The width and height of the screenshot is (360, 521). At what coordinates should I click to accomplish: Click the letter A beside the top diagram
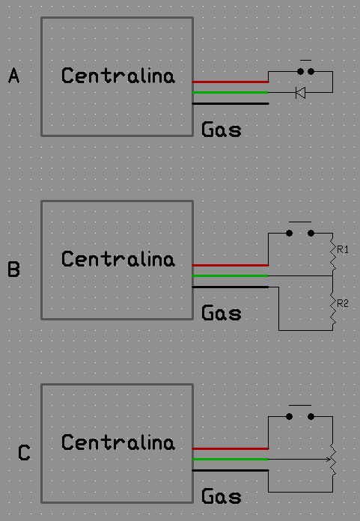pyautogui.click(x=14, y=75)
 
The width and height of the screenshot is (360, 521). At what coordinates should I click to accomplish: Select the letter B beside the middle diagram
pyautogui.click(x=14, y=269)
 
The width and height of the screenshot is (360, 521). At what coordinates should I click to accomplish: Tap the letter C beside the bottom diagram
pyautogui.click(x=24, y=453)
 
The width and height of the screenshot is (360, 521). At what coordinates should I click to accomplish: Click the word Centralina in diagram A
pyautogui.click(x=118, y=76)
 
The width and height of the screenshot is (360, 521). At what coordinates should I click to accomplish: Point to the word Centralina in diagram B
pyautogui.click(x=118, y=259)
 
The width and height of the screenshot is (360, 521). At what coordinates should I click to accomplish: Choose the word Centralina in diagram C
pyautogui.click(x=118, y=442)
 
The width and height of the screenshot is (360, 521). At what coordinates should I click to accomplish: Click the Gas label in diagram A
pyautogui.click(x=222, y=130)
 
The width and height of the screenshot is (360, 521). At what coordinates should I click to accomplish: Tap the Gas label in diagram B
pyautogui.click(x=222, y=313)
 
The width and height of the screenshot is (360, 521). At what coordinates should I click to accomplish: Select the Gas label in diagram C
pyautogui.click(x=222, y=496)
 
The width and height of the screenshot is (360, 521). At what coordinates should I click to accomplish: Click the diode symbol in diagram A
pyautogui.click(x=301, y=93)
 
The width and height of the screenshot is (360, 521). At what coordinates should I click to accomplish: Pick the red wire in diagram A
pyautogui.click(x=231, y=82)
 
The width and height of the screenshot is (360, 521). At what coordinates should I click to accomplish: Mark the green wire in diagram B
pyautogui.click(x=231, y=275)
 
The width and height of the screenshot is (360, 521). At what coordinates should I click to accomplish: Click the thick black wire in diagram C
pyautogui.click(x=231, y=471)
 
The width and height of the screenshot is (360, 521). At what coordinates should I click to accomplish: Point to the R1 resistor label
pyautogui.click(x=342, y=249)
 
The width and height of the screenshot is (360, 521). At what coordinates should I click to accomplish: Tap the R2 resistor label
pyautogui.click(x=342, y=303)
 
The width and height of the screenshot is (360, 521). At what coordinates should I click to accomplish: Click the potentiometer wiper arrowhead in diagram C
pyautogui.click(x=328, y=460)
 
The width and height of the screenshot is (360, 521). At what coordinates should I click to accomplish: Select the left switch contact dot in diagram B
pyautogui.click(x=289, y=234)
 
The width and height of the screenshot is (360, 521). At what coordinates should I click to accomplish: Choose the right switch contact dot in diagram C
pyautogui.click(x=311, y=417)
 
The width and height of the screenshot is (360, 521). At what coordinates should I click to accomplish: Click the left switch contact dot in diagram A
pyautogui.click(x=300, y=71)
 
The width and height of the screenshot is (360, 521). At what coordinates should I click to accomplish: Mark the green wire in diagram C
pyautogui.click(x=231, y=459)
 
